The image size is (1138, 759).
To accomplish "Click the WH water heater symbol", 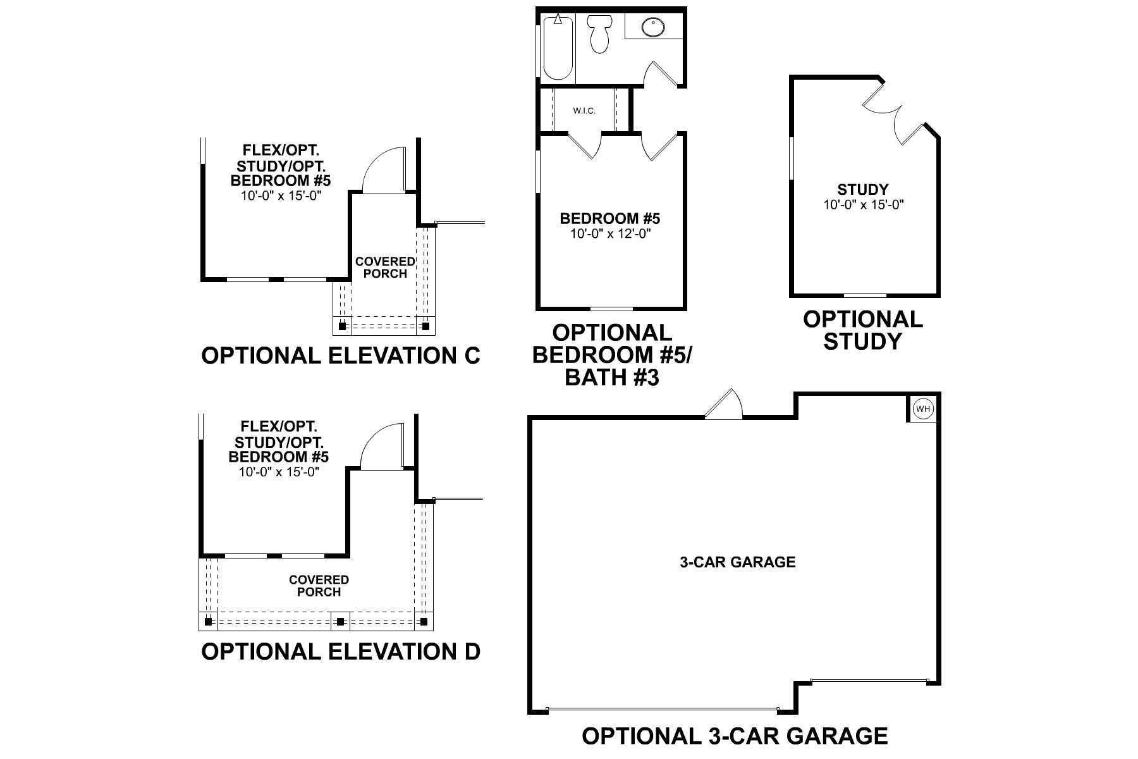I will point(924,409).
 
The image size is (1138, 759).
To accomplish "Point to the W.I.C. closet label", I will point(584,111).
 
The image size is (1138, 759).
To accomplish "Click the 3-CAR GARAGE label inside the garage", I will point(737,562).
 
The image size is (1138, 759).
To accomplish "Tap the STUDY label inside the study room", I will point(863,189).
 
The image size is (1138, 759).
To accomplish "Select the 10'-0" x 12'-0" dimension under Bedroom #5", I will point(610,233).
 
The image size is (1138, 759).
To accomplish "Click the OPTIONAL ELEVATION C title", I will point(341,355).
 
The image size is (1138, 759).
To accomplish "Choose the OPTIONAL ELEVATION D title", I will point(341,651).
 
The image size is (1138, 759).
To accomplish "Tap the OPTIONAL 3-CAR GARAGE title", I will point(735,736).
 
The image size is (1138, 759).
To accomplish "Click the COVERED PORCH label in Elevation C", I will point(385,268).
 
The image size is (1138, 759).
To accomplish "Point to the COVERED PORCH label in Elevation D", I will point(319,586).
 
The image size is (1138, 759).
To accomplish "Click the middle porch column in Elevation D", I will point(340,622).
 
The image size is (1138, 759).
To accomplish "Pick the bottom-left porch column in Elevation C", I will point(342,326).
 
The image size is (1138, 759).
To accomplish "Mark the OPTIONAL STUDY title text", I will point(863,330).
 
